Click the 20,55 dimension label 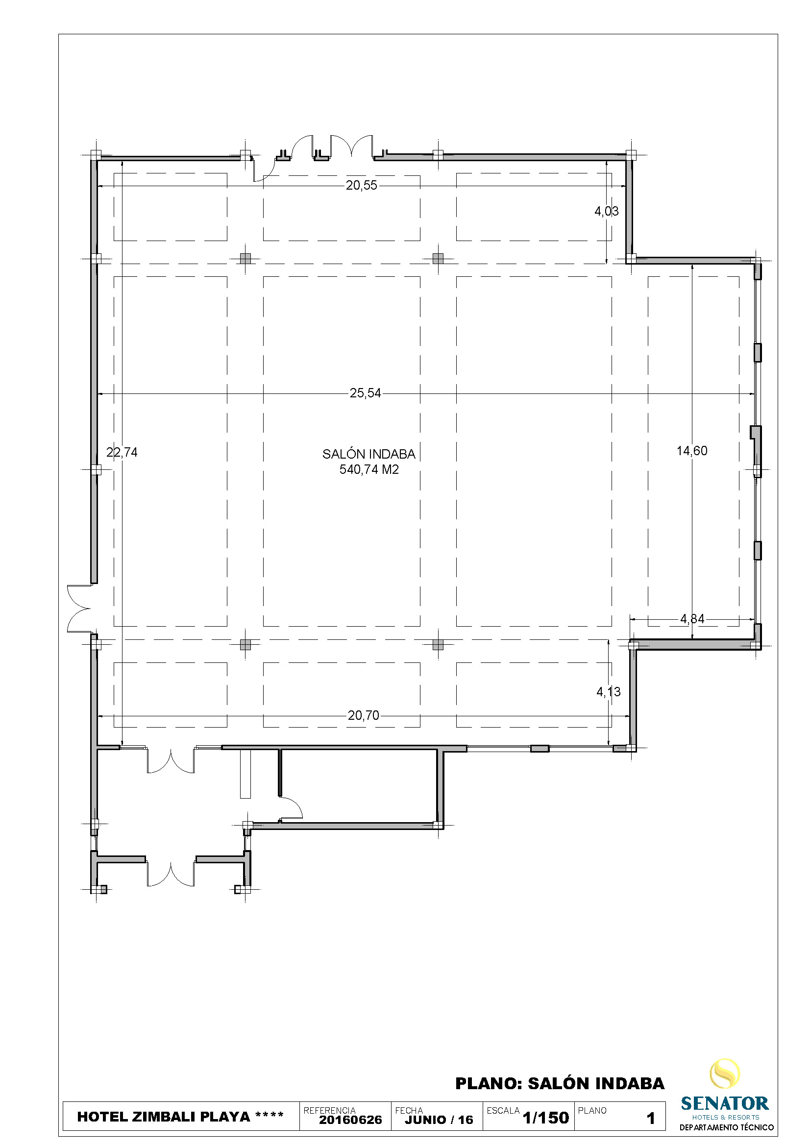(361, 186)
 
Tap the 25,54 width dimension (365, 393)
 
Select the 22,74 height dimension (122, 452)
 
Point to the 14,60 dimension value (692, 451)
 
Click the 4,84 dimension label (692, 619)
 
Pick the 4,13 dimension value (609, 692)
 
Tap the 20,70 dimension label (363, 716)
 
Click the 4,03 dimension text (606, 211)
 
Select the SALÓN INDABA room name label (369, 454)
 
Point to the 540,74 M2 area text (369, 470)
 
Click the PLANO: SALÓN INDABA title (560, 1084)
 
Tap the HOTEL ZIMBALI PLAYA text (164, 1117)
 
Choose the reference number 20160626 (350, 1120)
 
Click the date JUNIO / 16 (439, 1120)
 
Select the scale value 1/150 (545, 1118)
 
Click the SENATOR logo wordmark (725, 1103)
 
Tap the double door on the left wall (80, 609)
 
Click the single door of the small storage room (292, 808)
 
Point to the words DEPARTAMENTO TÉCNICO (726, 1127)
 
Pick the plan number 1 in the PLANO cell (650, 1119)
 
